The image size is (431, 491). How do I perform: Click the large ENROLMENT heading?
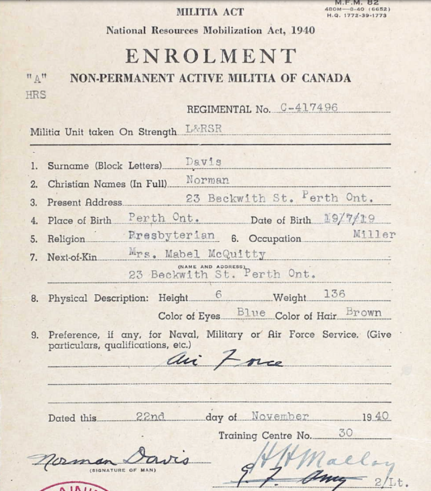click(210, 56)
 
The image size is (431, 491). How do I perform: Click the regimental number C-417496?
click(309, 107)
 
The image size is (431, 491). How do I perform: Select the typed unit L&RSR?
click(204, 129)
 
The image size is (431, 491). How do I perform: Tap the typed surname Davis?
click(203, 162)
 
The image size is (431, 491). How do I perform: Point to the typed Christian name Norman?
click(207, 180)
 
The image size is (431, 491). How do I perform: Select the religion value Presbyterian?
click(171, 235)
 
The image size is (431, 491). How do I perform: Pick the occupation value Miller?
click(374, 234)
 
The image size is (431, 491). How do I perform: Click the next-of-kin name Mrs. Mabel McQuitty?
click(197, 254)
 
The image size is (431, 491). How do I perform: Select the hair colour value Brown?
click(363, 312)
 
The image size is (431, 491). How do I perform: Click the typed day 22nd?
click(151, 416)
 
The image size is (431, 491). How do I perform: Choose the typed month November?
click(280, 416)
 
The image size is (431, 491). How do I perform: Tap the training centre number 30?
click(346, 432)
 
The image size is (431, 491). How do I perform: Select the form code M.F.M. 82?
click(357, 3)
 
